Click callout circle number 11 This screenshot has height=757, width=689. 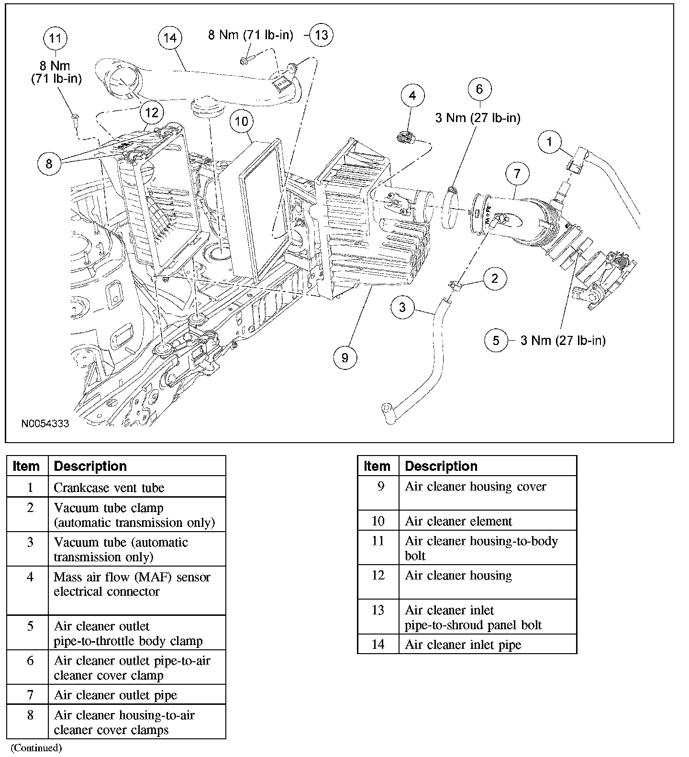pos(56,38)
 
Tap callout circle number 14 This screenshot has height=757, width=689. pos(170,38)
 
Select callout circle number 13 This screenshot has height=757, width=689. pos(322,35)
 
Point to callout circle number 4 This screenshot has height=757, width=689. pos(412,96)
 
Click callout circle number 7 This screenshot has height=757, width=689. pos(517,174)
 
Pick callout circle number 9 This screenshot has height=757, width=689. pos(345,357)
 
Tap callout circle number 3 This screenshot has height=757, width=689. pos(402,307)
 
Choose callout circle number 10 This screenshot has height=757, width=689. pos(242,121)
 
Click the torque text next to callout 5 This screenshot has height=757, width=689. pos(563,341)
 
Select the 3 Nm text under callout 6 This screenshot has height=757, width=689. pos(478,118)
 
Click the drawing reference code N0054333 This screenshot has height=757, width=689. pos(45,423)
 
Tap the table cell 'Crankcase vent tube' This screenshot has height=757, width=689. pos(109,488)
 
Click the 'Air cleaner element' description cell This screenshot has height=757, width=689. pos(458,521)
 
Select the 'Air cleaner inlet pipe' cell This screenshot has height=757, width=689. pos(463,645)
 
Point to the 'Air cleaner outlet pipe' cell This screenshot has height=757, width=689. pos(115,695)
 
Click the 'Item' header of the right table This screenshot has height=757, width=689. pos(377,466)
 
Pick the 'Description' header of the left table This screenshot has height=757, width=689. pos(90,466)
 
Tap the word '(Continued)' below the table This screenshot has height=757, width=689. pos(36,747)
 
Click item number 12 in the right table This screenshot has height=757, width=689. pos(378,575)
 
